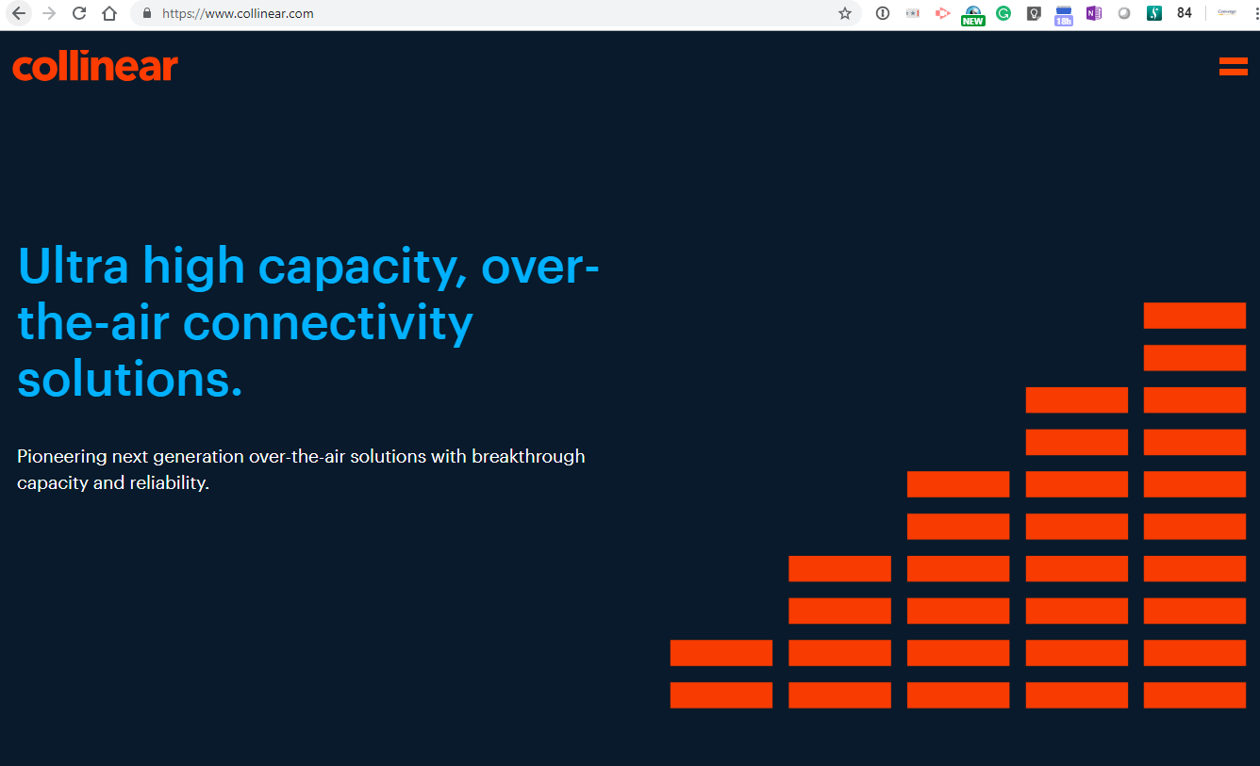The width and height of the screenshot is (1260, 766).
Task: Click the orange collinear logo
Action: (x=95, y=66)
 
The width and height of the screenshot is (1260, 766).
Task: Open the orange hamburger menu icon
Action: (x=1233, y=66)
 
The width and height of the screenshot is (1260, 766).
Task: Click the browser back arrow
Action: (x=19, y=13)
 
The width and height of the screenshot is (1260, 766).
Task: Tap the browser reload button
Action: (x=79, y=13)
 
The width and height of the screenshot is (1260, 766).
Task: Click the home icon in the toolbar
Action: (x=109, y=13)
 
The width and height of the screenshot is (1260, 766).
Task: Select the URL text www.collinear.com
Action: (x=258, y=13)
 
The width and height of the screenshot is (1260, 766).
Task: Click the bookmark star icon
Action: (x=845, y=13)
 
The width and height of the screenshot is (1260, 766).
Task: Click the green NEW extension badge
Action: (x=972, y=22)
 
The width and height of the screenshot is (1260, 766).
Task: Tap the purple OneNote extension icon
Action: (x=1093, y=13)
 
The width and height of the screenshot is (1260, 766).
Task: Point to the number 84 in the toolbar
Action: (x=1184, y=13)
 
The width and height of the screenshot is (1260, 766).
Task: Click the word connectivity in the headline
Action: (x=328, y=324)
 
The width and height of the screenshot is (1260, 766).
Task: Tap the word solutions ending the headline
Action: (x=130, y=379)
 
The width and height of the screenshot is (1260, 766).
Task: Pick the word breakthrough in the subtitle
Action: (x=528, y=457)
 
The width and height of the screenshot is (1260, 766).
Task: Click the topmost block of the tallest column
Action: (x=1195, y=316)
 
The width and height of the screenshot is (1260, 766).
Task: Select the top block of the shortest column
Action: (x=721, y=653)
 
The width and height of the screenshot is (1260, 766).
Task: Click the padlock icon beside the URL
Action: (x=147, y=13)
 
